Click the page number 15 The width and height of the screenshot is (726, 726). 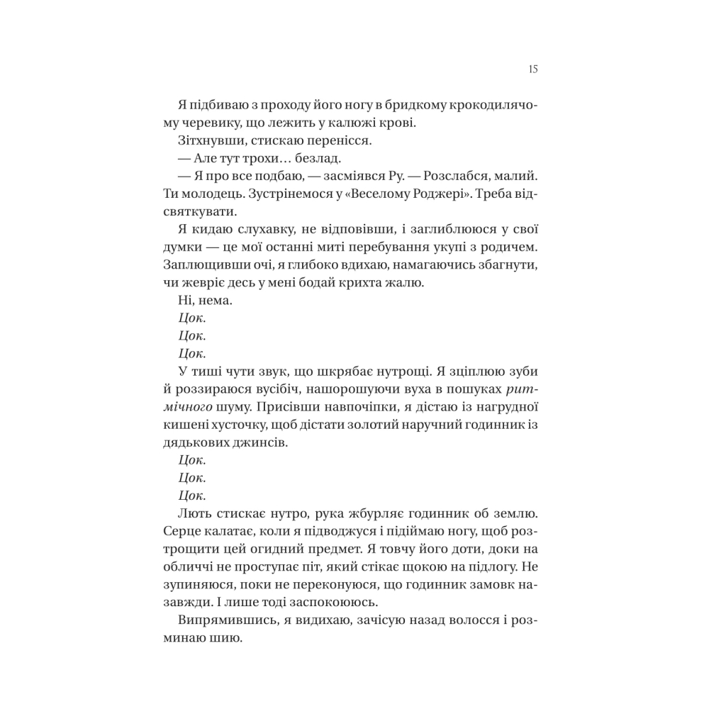tap(533, 69)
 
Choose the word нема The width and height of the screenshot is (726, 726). tap(214, 301)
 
